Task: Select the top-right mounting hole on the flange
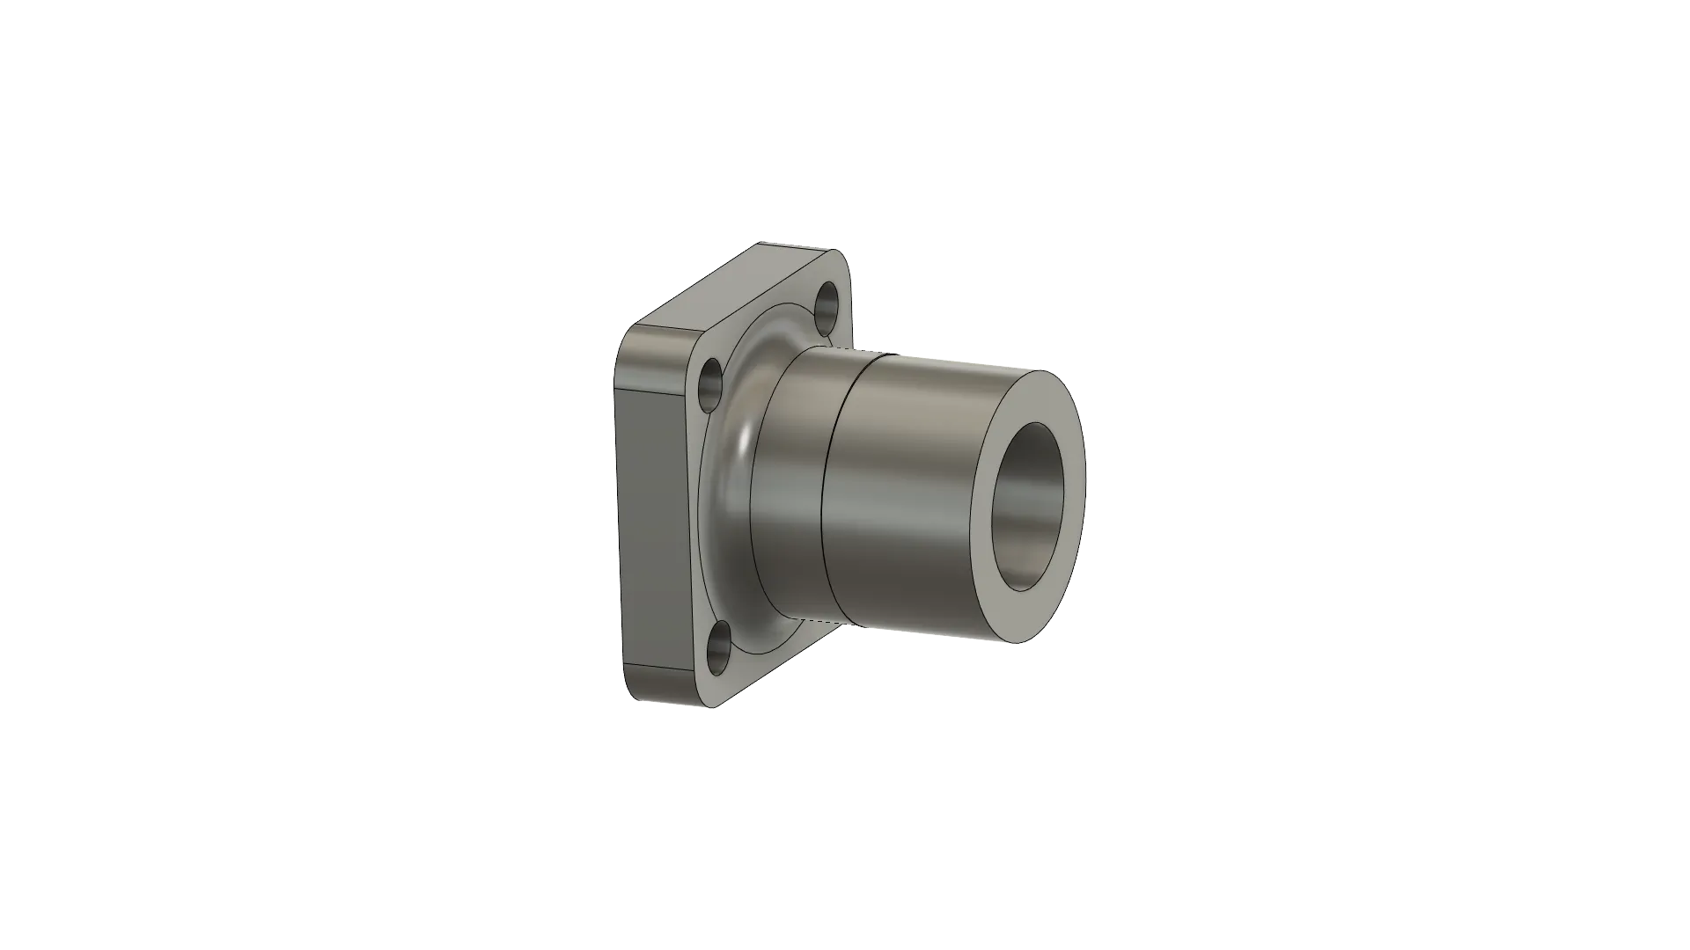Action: coord(828,303)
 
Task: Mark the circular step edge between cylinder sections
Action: coord(827,493)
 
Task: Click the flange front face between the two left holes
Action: coord(700,519)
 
